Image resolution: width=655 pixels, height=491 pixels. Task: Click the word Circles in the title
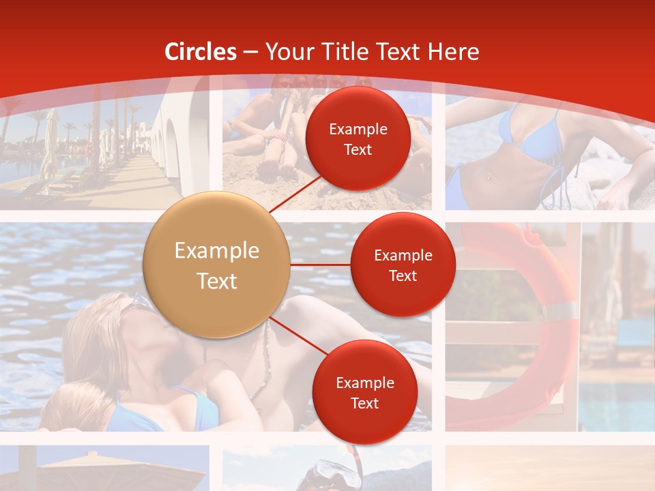[x=201, y=52]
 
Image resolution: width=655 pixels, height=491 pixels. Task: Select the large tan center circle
[x=217, y=265]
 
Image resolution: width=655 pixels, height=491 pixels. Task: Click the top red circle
[x=358, y=138]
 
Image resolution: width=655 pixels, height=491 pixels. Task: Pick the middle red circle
[x=403, y=265]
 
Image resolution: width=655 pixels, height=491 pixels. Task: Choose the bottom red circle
[x=365, y=392]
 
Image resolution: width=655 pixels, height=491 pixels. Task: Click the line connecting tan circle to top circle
[x=297, y=194]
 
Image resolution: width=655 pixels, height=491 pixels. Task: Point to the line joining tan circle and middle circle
[x=321, y=265]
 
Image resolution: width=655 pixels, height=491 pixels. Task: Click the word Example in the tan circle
[x=217, y=251]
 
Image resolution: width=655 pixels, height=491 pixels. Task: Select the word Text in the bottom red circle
[x=365, y=403]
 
